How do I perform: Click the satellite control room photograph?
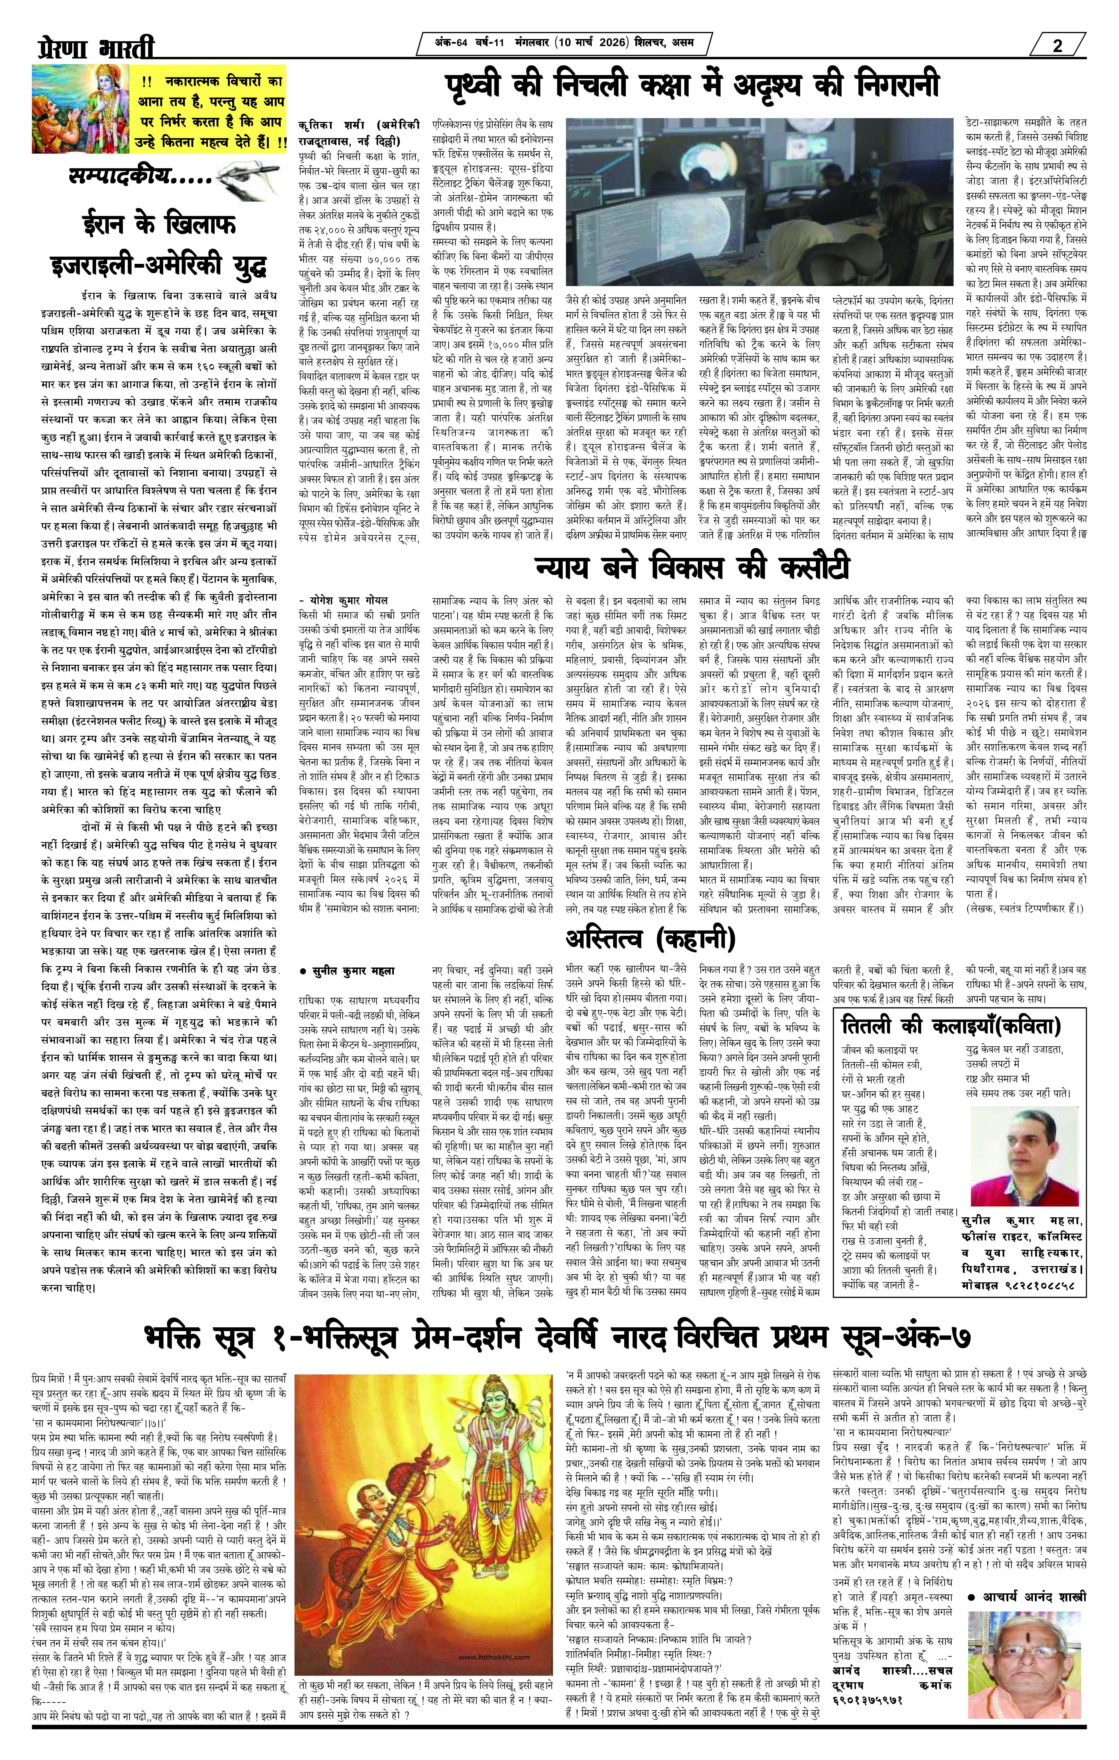[x=760, y=201]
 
